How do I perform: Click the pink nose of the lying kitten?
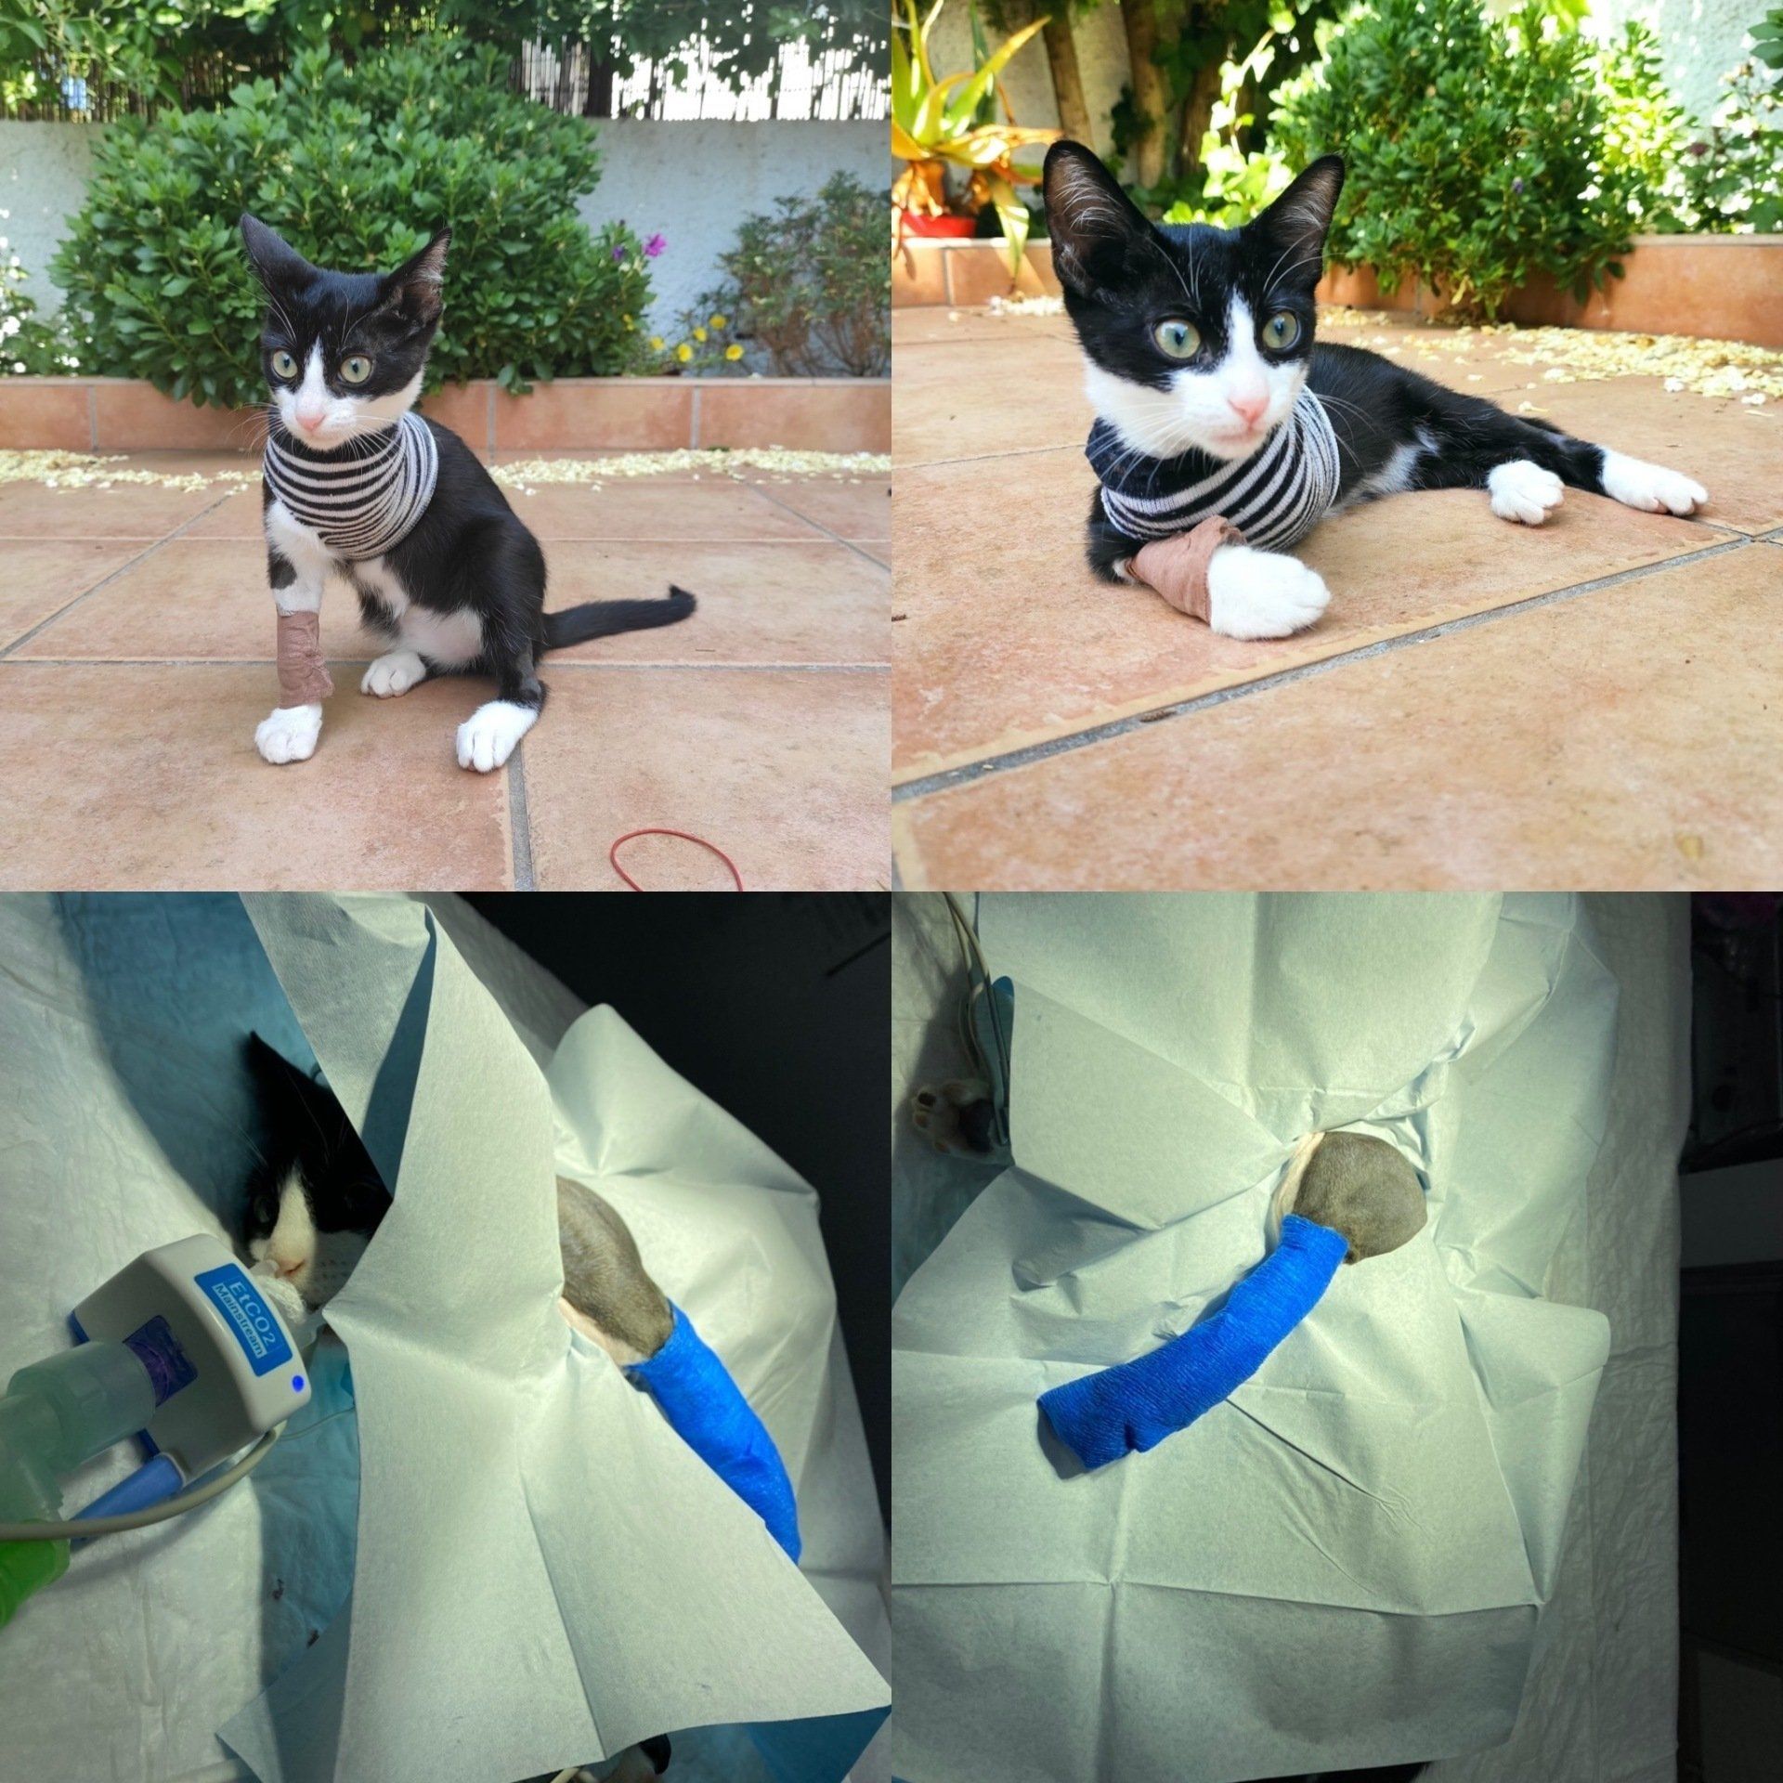[1247, 406]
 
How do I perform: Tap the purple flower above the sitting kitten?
[654, 244]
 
